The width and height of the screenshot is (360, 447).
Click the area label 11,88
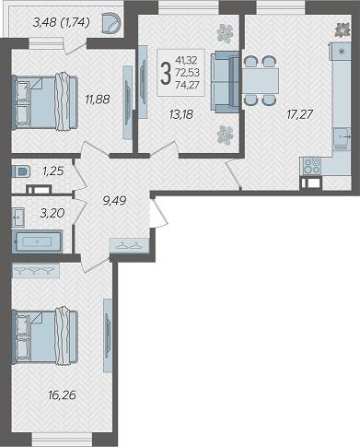click(98, 100)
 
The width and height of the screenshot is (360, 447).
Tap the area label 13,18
click(181, 114)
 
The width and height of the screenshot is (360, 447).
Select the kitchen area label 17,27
click(299, 114)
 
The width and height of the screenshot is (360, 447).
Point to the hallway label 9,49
click(114, 201)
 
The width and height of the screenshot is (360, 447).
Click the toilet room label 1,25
click(53, 171)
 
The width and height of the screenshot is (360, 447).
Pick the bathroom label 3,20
click(52, 213)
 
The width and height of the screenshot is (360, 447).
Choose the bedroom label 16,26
click(62, 395)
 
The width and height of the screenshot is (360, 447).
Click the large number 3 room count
click(166, 73)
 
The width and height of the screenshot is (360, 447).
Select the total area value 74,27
click(187, 84)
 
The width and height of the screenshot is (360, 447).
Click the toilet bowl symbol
click(20, 171)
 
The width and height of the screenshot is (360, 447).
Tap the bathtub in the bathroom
click(37, 241)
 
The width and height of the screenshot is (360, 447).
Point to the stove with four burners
click(312, 166)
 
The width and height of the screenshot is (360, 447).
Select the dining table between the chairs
click(261, 81)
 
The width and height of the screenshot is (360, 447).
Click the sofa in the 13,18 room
click(225, 82)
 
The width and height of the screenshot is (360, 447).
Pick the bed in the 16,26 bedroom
click(44, 336)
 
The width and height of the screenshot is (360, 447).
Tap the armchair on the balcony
click(111, 22)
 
